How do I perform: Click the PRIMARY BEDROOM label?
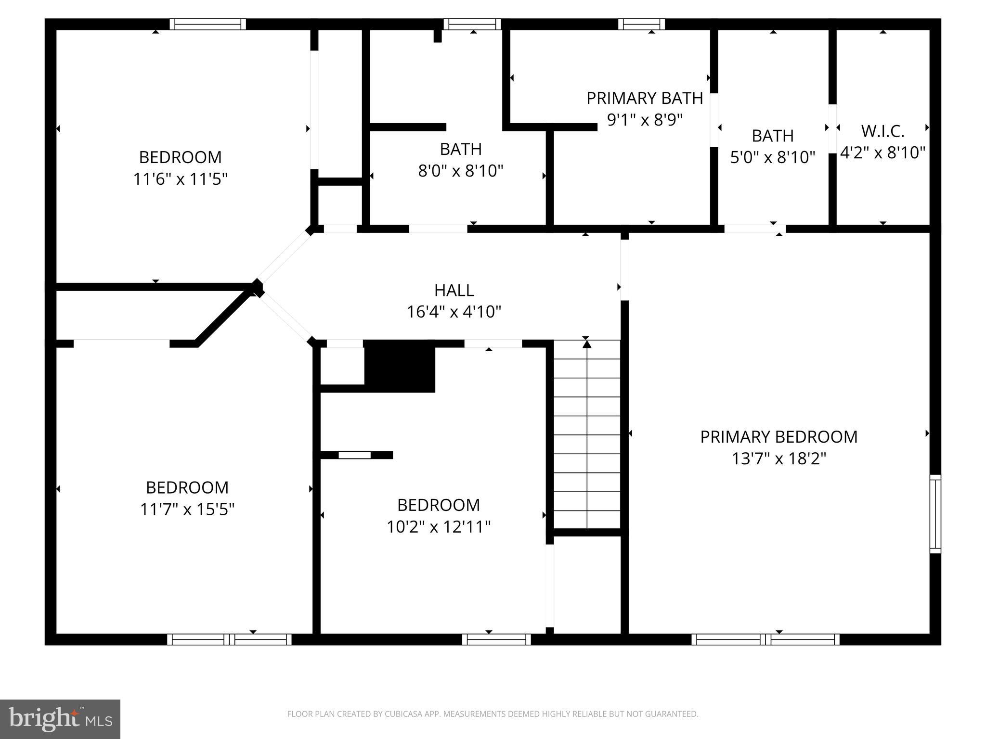[778, 437]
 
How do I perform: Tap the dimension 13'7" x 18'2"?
[778, 459]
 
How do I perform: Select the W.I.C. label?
[882, 131]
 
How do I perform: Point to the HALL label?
[454, 290]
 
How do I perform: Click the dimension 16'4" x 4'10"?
[454, 312]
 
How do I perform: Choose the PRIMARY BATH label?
[645, 98]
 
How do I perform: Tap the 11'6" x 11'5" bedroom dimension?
[180, 179]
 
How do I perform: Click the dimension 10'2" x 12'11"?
[439, 527]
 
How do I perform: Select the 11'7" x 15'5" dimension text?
[187, 509]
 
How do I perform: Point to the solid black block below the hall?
[400, 366]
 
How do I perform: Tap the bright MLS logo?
[60, 719]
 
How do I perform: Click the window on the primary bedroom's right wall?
[934, 514]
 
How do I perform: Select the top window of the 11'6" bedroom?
[208, 24]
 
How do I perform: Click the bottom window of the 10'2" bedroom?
[496, 639]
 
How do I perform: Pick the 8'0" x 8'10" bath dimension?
[461, 171]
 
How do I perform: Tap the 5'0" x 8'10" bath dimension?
[772, 157]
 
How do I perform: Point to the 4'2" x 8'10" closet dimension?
[882, 153]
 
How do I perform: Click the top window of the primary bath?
[641, 24]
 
